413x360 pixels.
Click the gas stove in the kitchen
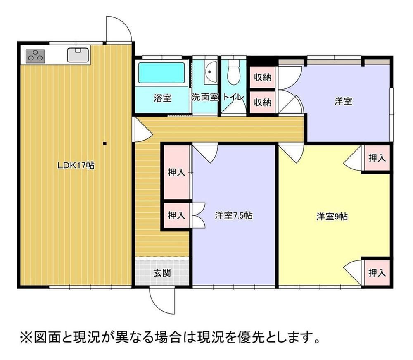pos(35,56)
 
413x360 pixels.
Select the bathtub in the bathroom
pos(162,73)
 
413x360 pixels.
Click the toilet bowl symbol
pos(234,71)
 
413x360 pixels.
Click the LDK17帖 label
pos(76,165)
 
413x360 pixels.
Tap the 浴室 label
pos(162,98)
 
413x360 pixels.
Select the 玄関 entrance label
pos(162,273)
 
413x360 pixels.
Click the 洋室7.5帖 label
pos(234,216)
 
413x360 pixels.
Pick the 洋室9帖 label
pos(332,216)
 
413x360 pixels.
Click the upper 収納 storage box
pos(262,77)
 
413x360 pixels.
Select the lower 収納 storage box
pos(262,102)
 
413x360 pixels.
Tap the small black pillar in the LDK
pos(104,144)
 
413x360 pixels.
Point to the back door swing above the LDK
pos(119,29)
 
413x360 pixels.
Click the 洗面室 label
pos(205,97)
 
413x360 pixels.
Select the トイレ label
pos(233,97)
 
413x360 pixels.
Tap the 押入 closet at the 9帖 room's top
pos(377,158)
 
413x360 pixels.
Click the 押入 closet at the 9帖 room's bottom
pos(377,272)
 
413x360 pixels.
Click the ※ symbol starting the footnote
pos(26,337)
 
